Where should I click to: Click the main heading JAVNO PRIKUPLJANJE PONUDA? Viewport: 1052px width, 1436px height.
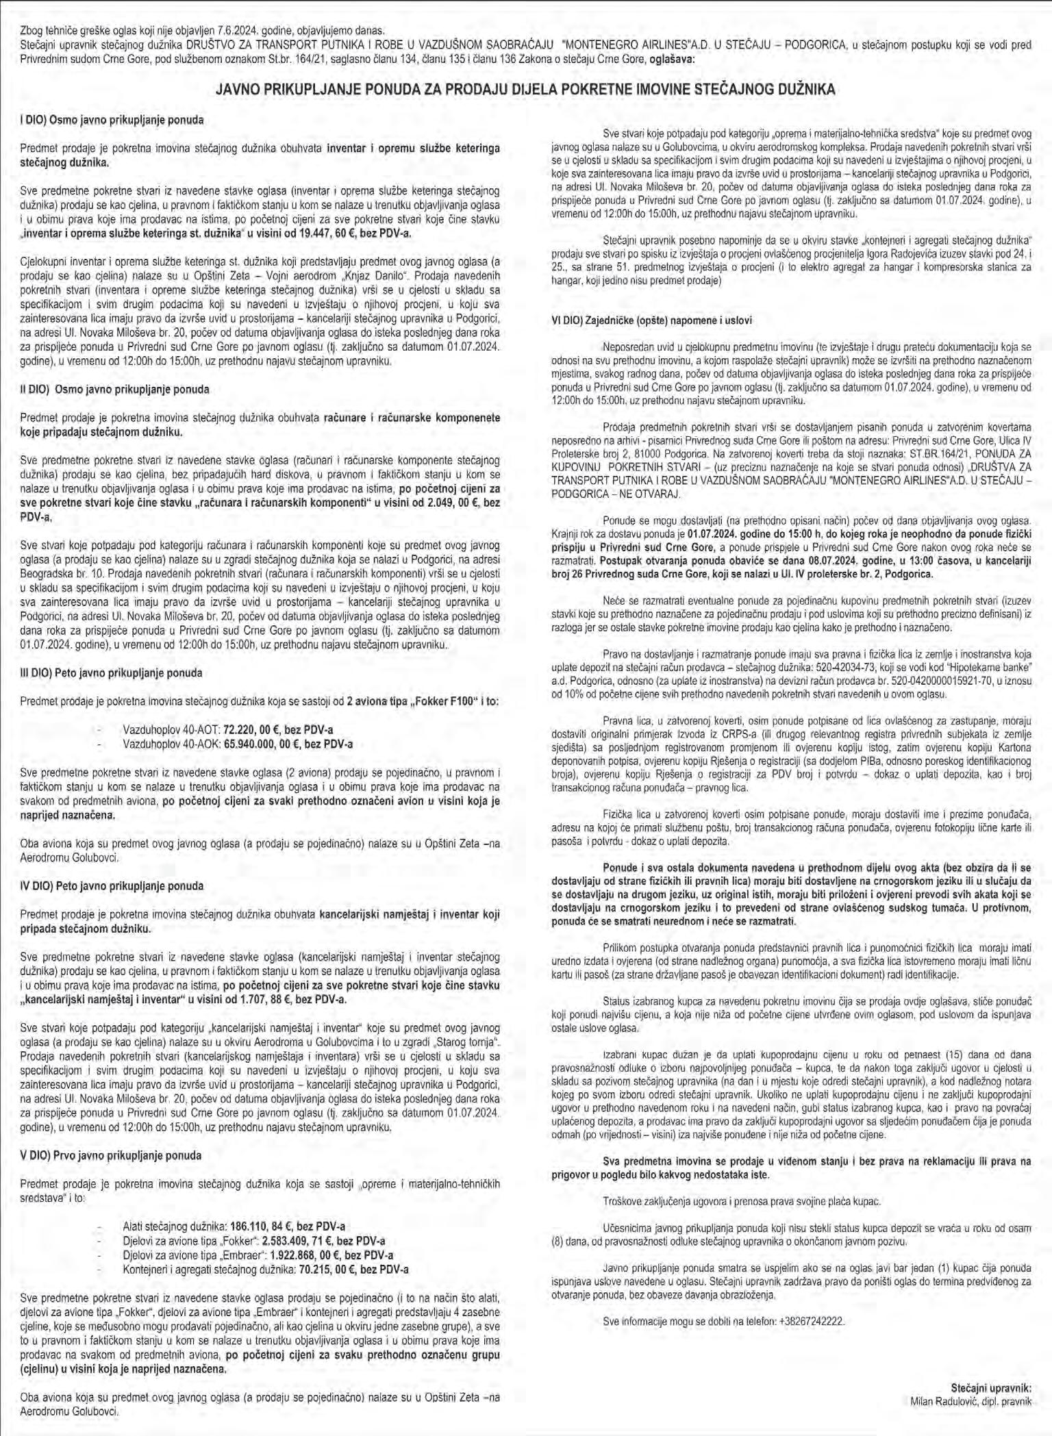[525, 89]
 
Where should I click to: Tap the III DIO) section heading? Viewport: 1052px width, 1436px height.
[111, 673]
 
